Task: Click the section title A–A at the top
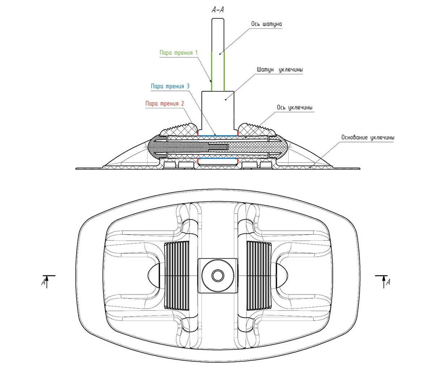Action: pyautogui.click(x=218, y=10)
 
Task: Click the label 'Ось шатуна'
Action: pyautogui.click(x=267, y=24)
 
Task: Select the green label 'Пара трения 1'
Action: pyautogui.click(x=179, y=53)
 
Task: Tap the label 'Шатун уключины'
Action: pyautogui.click(x=280, y=70)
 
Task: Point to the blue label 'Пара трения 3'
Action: pyautogui.click(x=170, y=87)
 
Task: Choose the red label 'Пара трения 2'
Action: pyautogui.click(x=165, y=104)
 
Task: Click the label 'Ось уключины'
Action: pyautogui.click(x=295, y=108)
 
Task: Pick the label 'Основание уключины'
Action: pyautogui.click(x=367, y=138)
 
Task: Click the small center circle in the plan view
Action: pyautogui.click(x=217, y=276)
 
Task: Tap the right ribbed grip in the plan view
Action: pyautogui.click(x=258, y=276)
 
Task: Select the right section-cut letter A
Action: pyautogui.click(x=388, y=282)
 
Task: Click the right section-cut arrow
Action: pyautogui.click(x=384, y=281)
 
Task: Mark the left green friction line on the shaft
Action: pyautogui.click(x=212, y=71)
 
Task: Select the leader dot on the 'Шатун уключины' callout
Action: pyautogui.click(x=226, y=99)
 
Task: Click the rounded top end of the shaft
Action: pyautogui.click(x=218, y=20)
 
